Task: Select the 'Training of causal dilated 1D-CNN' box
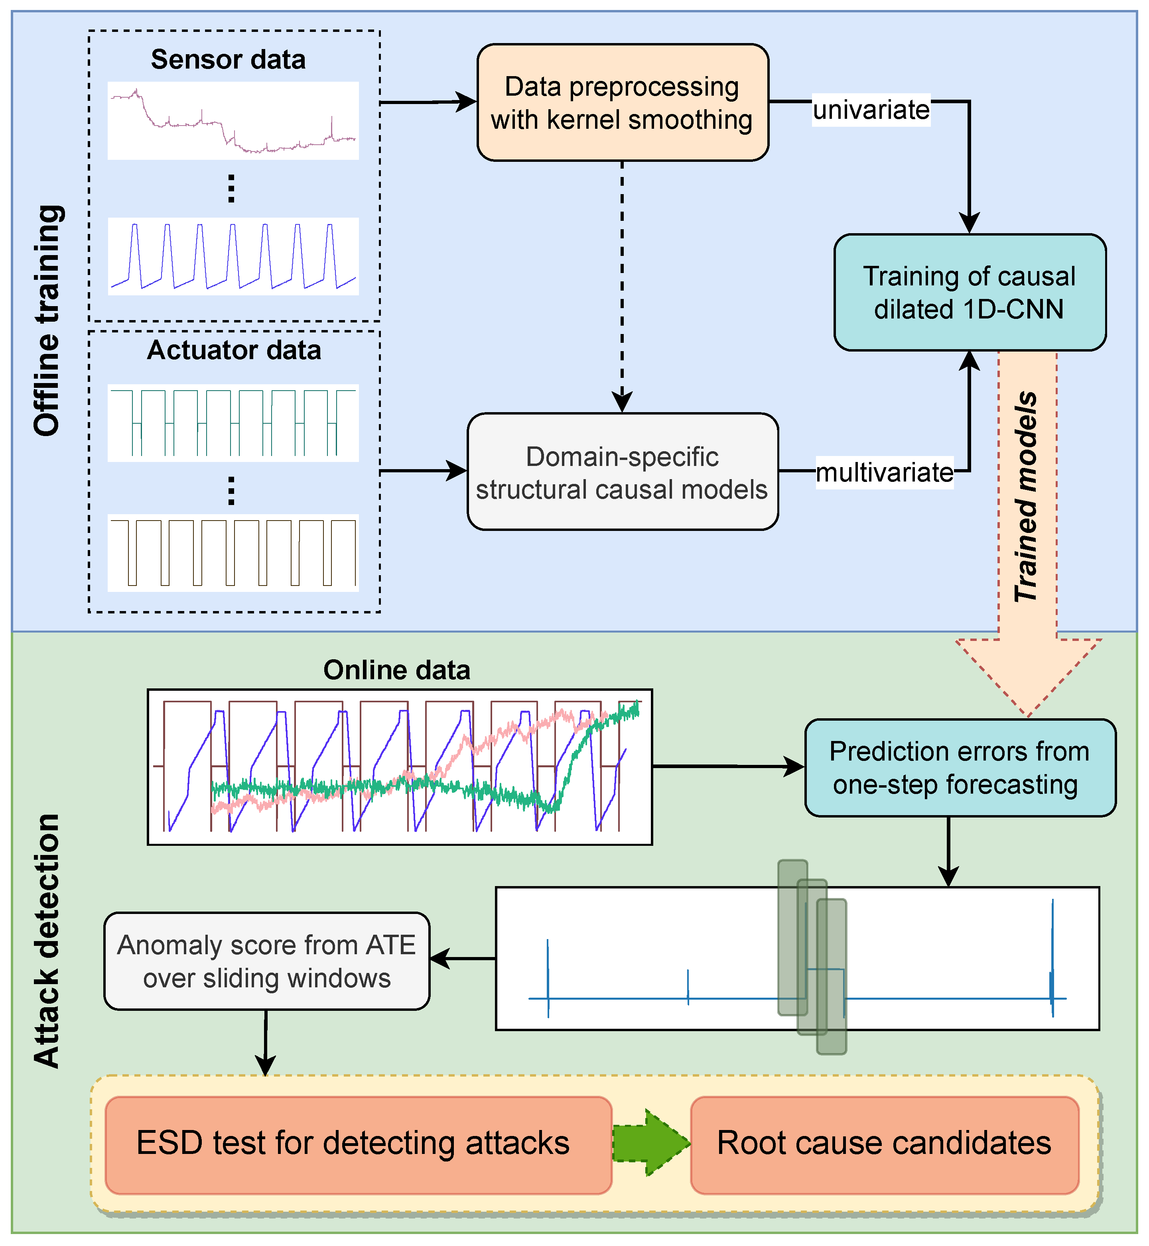tap(969, 292)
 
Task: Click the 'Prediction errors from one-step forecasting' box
tap(960, 767)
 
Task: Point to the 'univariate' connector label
tap(871, 110)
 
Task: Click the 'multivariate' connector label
tap(884, 473)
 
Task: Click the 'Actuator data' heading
tap(234, 350)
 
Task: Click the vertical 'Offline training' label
tap(47, 320)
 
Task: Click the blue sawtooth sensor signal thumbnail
tap(233, 256)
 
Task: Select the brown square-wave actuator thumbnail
tap(233, 552)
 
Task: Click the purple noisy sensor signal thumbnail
tap(233, 120)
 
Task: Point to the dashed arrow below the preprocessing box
tap(622, 286)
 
